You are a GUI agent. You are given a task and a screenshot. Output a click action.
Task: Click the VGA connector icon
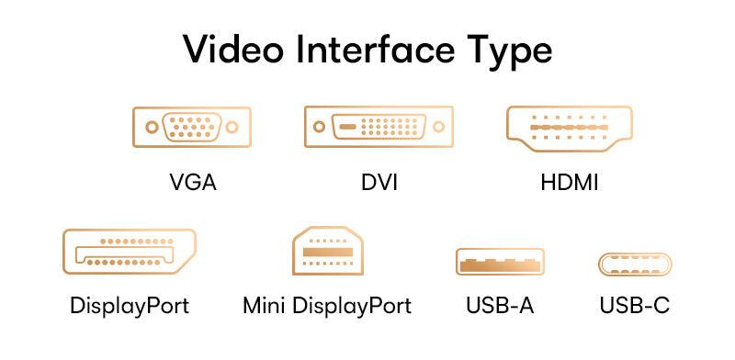click(191, 127)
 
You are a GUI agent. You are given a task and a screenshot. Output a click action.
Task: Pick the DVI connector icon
click(379, 127)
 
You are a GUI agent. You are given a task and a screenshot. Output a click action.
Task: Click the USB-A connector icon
click(500, 262)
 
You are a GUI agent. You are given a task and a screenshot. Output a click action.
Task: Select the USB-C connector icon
click(635, 264)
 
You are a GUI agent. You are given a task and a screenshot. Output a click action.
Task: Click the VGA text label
click(193, 182)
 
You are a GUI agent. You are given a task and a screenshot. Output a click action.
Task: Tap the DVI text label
click(379, 182)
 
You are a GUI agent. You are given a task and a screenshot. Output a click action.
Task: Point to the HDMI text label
click(570, 182)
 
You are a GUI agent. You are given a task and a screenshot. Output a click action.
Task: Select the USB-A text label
click(500, 305)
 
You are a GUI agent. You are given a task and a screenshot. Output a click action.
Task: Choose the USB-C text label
click(635, 305)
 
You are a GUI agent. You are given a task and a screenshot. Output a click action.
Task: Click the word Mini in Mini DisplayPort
click(266, 305)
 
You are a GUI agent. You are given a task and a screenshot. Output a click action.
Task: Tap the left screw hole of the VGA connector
click(150, 127)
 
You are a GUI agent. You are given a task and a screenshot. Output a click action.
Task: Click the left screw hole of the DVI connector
click(319, 127)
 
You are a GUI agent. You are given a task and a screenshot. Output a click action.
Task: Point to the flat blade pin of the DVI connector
click(346, 126)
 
